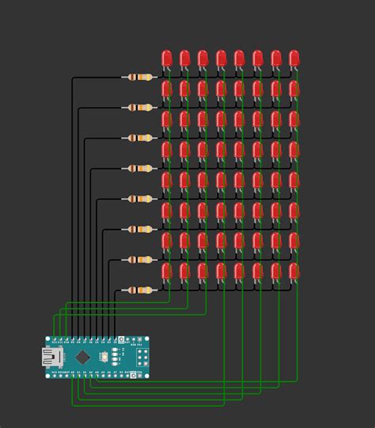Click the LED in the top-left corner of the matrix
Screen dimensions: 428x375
pyautogui.click(x=167, y=58)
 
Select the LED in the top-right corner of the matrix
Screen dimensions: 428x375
pyautogui.click(x=294, y=58)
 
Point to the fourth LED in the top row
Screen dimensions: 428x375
pyautogui.click(x=222, y=58)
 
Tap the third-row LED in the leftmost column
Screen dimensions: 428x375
pyautogui.click(x=167, y=119)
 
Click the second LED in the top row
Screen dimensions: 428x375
pyautogui.click(x=185, y=58)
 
